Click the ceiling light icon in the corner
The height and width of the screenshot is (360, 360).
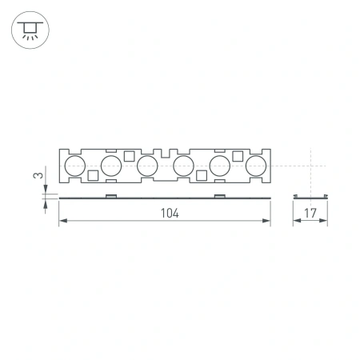pos(29,30)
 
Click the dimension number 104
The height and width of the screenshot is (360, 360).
pos(166,214)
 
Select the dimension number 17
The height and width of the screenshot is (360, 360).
pos(310,214)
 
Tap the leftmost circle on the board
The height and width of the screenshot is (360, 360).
pos(74,166)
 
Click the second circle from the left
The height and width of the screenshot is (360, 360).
pos(110,166)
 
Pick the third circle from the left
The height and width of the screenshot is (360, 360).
pos(146,166)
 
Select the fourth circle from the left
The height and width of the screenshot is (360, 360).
pos(183,166)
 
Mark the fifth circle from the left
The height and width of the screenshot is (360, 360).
pos(219,166)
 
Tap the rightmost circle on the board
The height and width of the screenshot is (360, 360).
pos(255,166)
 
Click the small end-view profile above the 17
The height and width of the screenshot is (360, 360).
pos(310,195)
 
